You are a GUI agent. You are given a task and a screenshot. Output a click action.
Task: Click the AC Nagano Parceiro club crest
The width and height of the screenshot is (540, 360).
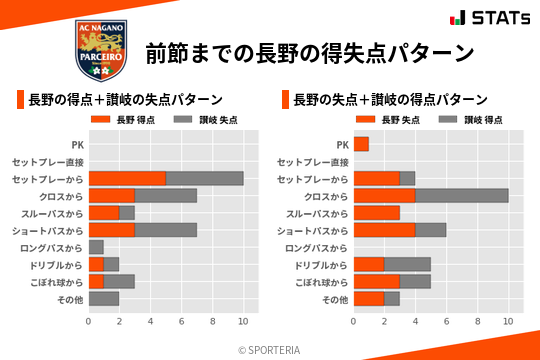point(102,50)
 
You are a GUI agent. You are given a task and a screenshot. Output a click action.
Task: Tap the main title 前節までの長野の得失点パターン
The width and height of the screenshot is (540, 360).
point(309,52)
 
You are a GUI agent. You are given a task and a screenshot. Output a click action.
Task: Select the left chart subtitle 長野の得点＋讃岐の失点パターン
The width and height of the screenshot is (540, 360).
point(125,100)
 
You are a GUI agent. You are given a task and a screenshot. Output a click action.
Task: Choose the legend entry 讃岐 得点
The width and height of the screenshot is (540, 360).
point(463,120)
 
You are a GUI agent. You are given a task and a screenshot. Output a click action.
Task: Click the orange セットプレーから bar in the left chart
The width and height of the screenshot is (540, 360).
point(127,178)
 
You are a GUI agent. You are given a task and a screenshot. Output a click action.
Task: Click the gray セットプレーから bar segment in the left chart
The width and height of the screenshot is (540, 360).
point(204,178)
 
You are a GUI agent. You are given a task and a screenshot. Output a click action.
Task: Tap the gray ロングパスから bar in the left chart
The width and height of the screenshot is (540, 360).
point(96,246)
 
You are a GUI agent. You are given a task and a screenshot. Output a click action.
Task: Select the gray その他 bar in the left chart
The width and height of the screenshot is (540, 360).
point(104,298)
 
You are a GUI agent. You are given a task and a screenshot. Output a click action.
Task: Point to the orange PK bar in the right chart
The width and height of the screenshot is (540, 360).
point(361,144)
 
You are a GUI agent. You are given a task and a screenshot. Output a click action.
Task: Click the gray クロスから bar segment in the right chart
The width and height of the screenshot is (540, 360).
point(461,195)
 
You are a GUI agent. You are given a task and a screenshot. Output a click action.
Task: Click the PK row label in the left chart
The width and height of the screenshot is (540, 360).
point(78,144)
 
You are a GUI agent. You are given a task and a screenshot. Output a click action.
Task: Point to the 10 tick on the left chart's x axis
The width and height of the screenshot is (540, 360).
point(243,321)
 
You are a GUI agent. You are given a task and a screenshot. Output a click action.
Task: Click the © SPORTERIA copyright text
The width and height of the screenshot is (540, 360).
point(270,349)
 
